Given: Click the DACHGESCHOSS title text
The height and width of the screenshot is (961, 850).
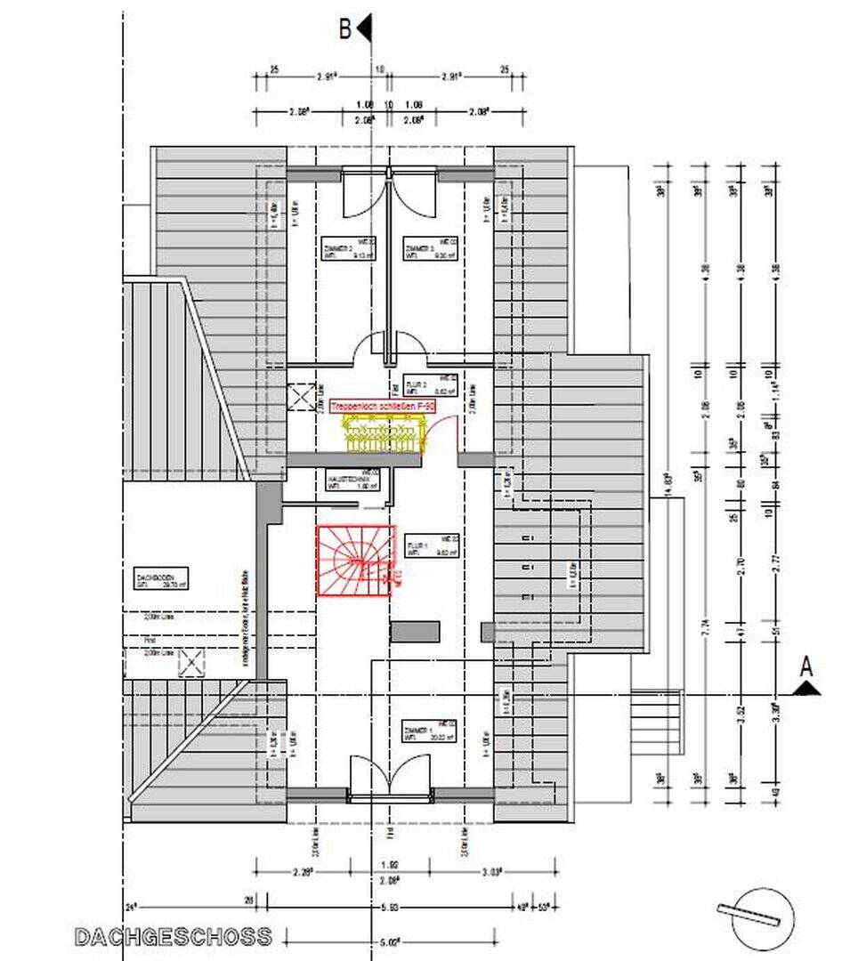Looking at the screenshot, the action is [x=173, y=936].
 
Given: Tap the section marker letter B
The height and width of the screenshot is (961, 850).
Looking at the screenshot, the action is [x=345, y=28].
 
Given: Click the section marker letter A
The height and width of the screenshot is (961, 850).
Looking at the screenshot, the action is [x=806, y=666].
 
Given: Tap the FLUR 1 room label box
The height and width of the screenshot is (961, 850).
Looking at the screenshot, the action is [x=432, y=545].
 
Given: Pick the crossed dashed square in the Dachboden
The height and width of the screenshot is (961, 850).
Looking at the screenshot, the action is [x=191, y=663].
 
